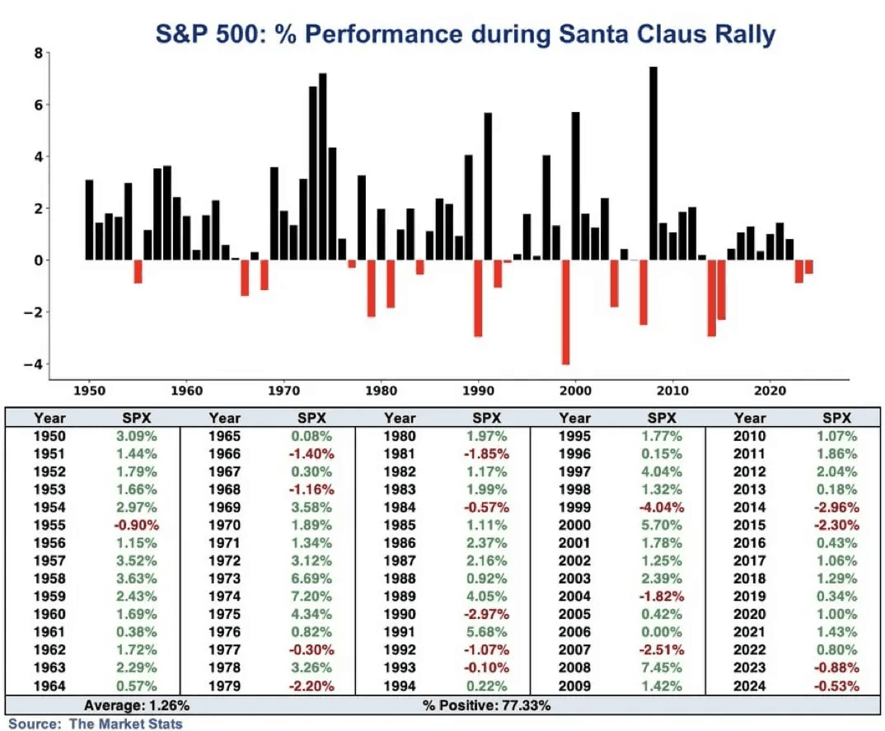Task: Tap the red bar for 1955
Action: pos(138,271)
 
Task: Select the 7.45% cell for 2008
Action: pos(662,668)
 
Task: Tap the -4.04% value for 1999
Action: pos(662,507)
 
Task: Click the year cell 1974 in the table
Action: pos(225,597)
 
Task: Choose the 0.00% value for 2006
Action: pos(662,632)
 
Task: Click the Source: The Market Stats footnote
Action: pos(96,724)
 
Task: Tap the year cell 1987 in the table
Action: pos(400,560)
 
